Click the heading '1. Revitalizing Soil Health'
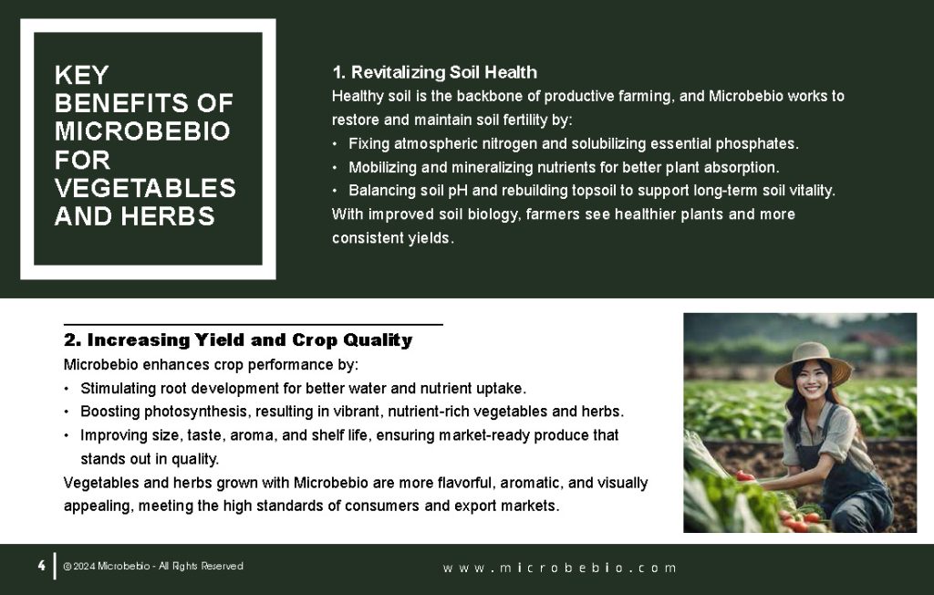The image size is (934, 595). (x=434, y=72)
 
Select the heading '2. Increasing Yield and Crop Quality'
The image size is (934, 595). (x=237, y=340)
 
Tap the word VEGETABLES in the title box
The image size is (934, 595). (x=145, y=188)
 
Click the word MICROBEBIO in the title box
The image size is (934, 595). (x=141, y=131)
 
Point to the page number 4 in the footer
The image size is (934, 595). (x=41, y=566)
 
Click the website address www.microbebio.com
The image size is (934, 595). (x=560, y=568)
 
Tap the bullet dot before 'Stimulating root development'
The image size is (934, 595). (x=67, y=388)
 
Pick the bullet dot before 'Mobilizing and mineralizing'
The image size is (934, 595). (x=335, y=167)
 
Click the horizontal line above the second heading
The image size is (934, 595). (x=253, y=325)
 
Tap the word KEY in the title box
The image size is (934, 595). (x=81, y=75)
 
